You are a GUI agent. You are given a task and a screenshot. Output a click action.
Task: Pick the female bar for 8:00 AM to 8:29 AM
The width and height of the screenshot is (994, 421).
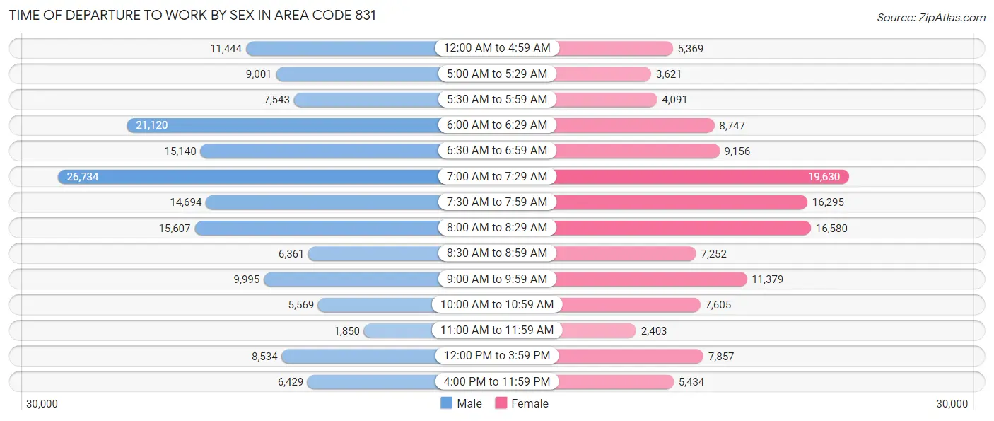tap(682, 228)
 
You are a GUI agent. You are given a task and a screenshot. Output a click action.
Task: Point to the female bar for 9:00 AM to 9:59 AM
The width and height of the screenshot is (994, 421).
tap(650, 279)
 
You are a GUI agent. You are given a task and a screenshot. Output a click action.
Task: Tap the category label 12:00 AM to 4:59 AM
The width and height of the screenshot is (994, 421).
tap(493, 48)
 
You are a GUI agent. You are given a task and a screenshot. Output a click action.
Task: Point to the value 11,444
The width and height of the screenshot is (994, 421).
tap(226, 49)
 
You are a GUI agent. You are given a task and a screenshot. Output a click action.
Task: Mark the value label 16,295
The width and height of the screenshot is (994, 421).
tap(828, 202)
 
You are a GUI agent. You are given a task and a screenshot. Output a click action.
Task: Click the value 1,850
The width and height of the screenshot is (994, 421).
tap(347, 330)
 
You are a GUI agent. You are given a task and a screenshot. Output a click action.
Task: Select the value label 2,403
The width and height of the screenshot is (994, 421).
tap(654, 330)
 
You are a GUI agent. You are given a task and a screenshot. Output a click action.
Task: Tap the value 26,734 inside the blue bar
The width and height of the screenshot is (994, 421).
tap(83, 177)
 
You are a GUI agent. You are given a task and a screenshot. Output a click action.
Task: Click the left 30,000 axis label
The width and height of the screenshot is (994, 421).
tap(42, 404)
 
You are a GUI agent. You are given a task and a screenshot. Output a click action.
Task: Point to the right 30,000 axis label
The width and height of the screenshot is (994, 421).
tap(952, 404)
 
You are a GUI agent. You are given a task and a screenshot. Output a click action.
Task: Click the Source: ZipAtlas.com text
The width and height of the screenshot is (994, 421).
tap(930, 17)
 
